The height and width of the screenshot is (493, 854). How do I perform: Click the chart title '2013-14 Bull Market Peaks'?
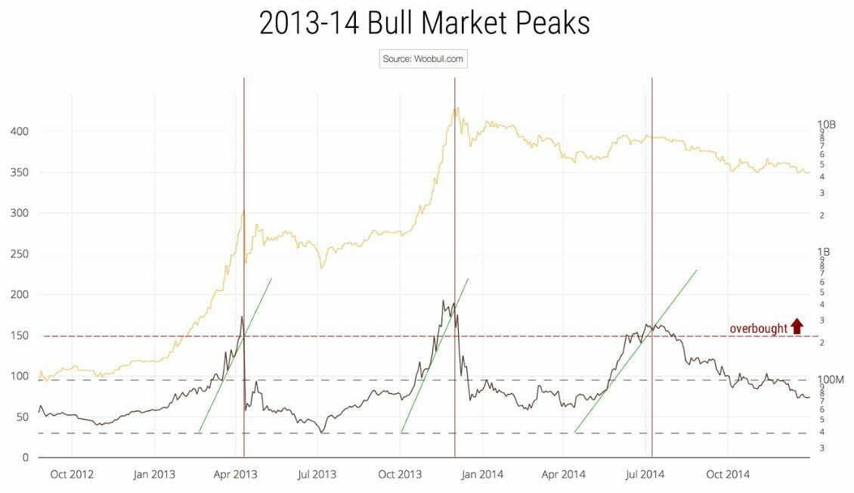click(x=424, y=23)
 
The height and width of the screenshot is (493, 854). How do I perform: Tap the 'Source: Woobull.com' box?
click(x=423, y=59)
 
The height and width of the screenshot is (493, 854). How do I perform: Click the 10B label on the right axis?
click(x=828, y=125)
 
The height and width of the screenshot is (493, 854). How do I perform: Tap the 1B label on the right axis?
click(x=825, y=252)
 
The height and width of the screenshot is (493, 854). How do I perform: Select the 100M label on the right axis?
click(x=831, y=379)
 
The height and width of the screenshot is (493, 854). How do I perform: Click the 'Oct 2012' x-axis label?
click(x=72, y=475)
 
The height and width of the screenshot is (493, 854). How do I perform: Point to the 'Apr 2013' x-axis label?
click(x=236, y=475)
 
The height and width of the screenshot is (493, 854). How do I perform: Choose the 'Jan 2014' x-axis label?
click(x=481, y=475)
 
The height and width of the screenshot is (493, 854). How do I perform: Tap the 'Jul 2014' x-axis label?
click(x=645, y=475)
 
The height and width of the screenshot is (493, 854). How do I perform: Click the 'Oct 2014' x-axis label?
click(x=727, y=475)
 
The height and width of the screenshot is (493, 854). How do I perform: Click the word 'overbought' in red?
click(x=757, y=328)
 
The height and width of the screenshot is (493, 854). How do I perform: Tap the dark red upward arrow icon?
click(x=797, y=327)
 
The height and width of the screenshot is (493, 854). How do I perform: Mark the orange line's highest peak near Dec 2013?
click(x=456, y=108)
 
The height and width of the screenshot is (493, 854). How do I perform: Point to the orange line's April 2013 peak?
click(x=243, y=211)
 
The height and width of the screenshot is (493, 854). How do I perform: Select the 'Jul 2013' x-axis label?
click(x=317, y=475)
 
